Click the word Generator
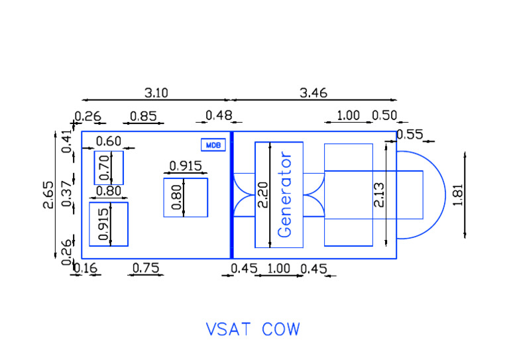[x=285, y=195]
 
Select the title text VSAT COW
[x=253, y=329]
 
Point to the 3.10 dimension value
[x=156, y=93]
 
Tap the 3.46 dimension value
[x=313, y=93]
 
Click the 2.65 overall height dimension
[x=48, y=195]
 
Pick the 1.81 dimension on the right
[x=458, y=195]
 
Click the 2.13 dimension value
[x=379, y=195]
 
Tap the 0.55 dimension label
[x=409, y=135]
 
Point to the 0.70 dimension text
[x=104, y=168]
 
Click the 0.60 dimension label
[x=109, y=141]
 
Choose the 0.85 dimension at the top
[x=143, y=116]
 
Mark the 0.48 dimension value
[x=219, y=116]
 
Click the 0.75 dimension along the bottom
[x=145, y=268]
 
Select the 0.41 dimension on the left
[x=67, y=142]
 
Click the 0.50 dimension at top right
[x=384, y=116]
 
